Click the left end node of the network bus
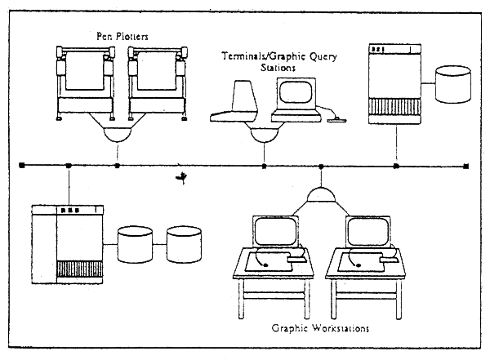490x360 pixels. (x=21, y=166)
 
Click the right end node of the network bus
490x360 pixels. (x=465, y=166)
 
